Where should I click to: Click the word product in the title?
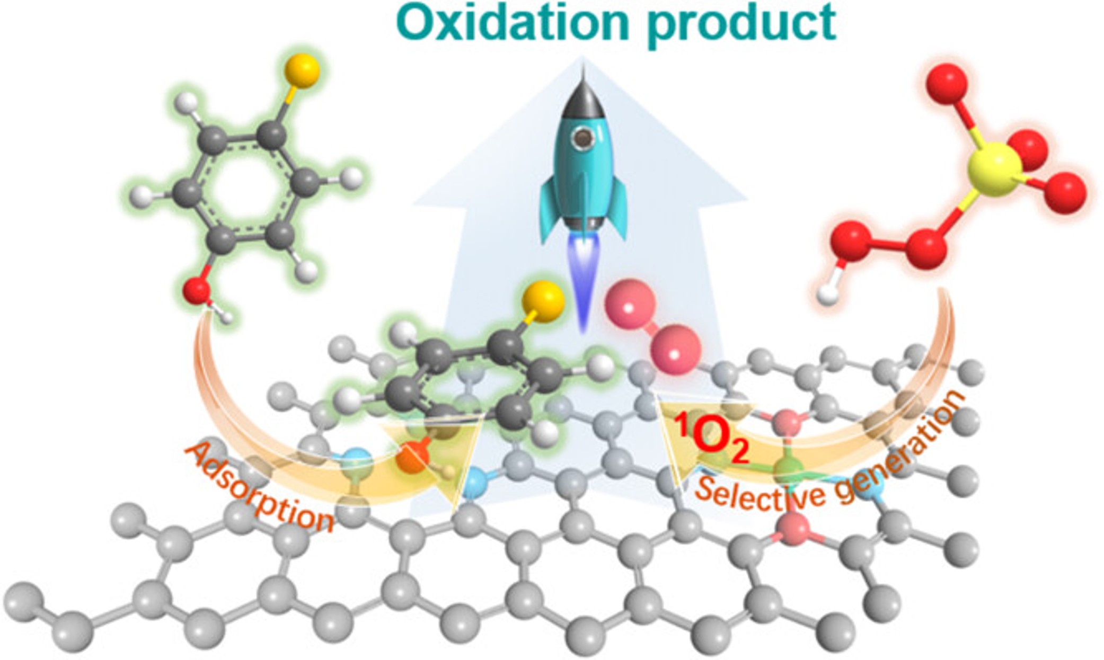pos(742,24)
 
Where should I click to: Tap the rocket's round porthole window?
pos(583,139)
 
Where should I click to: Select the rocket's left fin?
pos(551,209)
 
